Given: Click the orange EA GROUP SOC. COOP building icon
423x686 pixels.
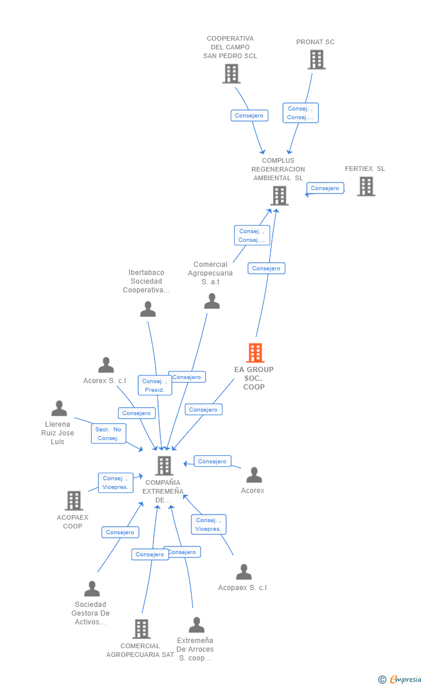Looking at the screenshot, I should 255,353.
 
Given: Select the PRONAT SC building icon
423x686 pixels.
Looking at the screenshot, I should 316,59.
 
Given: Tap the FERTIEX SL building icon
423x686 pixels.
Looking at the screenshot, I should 365,186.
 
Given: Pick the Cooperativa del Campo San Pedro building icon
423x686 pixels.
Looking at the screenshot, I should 231,73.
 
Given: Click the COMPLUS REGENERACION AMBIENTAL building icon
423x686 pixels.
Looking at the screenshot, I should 279,195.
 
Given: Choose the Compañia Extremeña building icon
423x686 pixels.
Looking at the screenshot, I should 164,466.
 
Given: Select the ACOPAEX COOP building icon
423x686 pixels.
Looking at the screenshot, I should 74,501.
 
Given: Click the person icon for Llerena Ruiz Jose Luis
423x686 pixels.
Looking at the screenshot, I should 59,408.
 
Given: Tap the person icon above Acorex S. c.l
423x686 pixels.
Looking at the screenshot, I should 106,365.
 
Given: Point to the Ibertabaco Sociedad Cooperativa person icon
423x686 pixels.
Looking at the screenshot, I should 148,309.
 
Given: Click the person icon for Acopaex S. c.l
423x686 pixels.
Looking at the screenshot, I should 243,572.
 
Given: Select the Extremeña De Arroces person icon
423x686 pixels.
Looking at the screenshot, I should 196,625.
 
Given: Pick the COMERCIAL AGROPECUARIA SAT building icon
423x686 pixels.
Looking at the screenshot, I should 141,629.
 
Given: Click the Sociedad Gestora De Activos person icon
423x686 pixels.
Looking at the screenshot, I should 92,589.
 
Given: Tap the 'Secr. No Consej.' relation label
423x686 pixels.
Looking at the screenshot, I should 108,434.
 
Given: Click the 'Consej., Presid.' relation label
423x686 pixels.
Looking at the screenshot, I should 155,385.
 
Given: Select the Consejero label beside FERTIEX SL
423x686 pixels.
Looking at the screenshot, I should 325,188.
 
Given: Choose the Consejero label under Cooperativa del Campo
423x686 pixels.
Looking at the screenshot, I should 249,116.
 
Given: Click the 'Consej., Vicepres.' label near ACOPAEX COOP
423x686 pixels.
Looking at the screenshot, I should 115,483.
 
